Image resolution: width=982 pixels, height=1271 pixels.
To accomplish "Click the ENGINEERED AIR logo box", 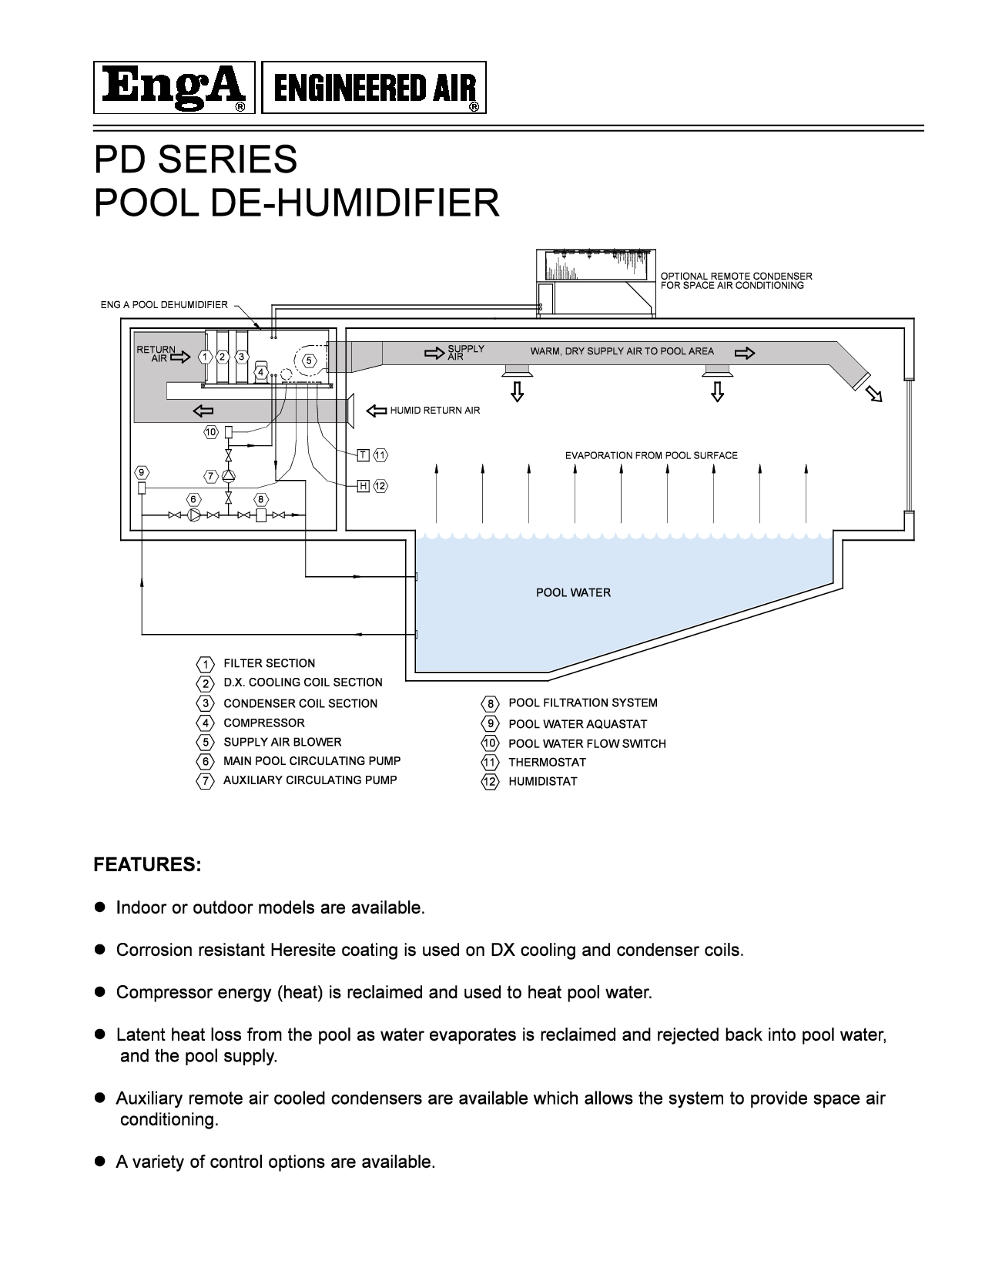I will point(374,88).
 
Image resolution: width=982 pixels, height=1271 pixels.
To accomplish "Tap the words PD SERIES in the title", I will point(196,159).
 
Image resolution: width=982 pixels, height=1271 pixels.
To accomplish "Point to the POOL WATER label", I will point(573,592).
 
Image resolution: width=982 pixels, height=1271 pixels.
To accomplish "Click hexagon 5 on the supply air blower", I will point(309,360).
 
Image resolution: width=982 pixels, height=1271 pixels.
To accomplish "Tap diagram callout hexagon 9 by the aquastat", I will point(141,472).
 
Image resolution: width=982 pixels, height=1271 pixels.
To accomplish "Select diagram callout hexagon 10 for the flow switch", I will point(211,432).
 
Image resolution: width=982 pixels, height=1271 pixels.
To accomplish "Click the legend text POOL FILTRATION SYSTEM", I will point(583,703).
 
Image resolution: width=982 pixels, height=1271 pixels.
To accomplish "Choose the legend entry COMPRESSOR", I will point(263,723).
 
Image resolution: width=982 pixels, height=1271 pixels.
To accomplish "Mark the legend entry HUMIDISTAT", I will point(542,781).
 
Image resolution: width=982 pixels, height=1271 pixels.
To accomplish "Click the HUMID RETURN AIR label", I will point(434,411).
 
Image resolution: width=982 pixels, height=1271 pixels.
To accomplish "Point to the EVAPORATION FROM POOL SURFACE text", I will point(651,455).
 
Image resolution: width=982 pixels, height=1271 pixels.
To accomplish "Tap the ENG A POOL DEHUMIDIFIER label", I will point(164,305).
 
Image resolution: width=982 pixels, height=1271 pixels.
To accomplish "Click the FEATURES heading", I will point(147,864).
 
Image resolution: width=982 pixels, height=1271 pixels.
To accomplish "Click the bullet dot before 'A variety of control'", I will point(99,1161).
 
